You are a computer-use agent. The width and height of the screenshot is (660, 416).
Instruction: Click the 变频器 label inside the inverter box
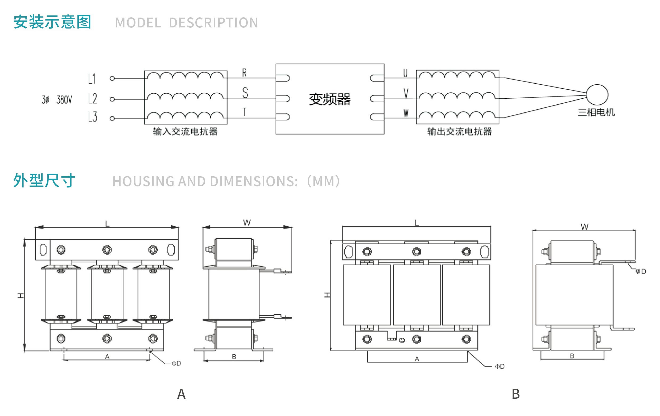[x=330, y=99]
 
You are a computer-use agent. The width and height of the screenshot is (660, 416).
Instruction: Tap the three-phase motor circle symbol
[x=597, y=95]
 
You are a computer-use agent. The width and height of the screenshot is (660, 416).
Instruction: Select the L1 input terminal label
[x=92, y=79]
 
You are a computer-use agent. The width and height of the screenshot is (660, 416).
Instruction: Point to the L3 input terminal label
[x=93, y=117]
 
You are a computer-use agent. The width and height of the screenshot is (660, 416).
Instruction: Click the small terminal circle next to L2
[x=112, y=99]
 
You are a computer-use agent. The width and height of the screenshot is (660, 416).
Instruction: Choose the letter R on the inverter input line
[x=245, y=73]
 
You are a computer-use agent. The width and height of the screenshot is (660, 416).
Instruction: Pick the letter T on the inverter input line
[x=245, y=112]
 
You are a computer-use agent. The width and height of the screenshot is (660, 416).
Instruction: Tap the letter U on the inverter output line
[x=405, y=73]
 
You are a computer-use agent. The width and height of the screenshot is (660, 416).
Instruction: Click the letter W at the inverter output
[x=406, y=113]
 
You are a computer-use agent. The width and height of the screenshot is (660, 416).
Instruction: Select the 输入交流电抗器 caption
[x=185, y=132]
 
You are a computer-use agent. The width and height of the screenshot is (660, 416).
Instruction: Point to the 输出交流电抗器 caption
[x=460, y=132]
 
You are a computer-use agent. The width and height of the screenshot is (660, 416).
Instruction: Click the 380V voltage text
[x=64, y=100]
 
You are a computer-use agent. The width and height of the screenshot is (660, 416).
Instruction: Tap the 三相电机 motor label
[x=596, y=112]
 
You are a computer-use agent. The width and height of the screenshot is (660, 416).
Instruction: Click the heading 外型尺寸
[x=44, y=181]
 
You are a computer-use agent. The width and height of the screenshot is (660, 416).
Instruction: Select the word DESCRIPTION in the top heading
[x=213, y=22]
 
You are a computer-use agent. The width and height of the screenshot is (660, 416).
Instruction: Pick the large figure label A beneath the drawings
[x=181, y=394]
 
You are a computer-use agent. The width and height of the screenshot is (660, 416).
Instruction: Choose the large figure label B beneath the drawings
[x=515, y=394]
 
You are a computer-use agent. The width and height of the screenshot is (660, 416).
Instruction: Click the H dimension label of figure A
[x=21, y=295]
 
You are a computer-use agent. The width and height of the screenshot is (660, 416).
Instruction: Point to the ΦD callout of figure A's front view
[x=176, y=363]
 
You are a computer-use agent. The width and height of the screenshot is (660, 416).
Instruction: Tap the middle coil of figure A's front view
[x=107, y=294]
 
